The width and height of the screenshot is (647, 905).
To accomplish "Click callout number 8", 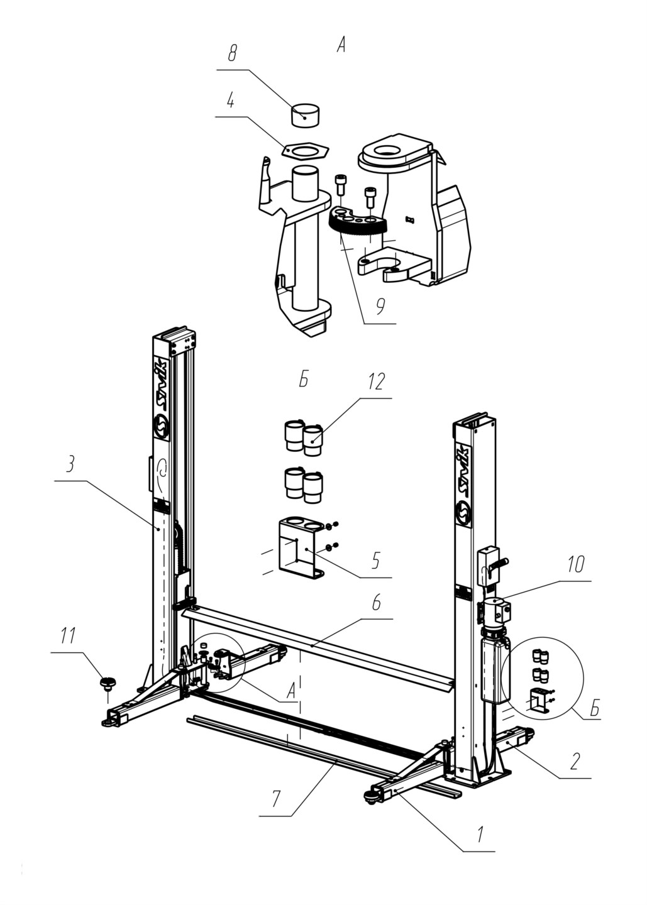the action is pyautogui.click(x=232, y=53).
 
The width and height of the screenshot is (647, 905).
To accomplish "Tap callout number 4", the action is pyautogui.click(x=230, y=101).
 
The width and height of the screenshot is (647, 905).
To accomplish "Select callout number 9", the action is pyautogui.click(x=380, y=307).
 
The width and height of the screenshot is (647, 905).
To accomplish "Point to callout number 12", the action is pyautogui.click(x=376, y=381).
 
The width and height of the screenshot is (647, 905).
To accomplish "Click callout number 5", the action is pyautogui.click(x=376, y=561).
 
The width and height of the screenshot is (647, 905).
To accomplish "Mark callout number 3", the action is pyautogui.click(x=70, y=464).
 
